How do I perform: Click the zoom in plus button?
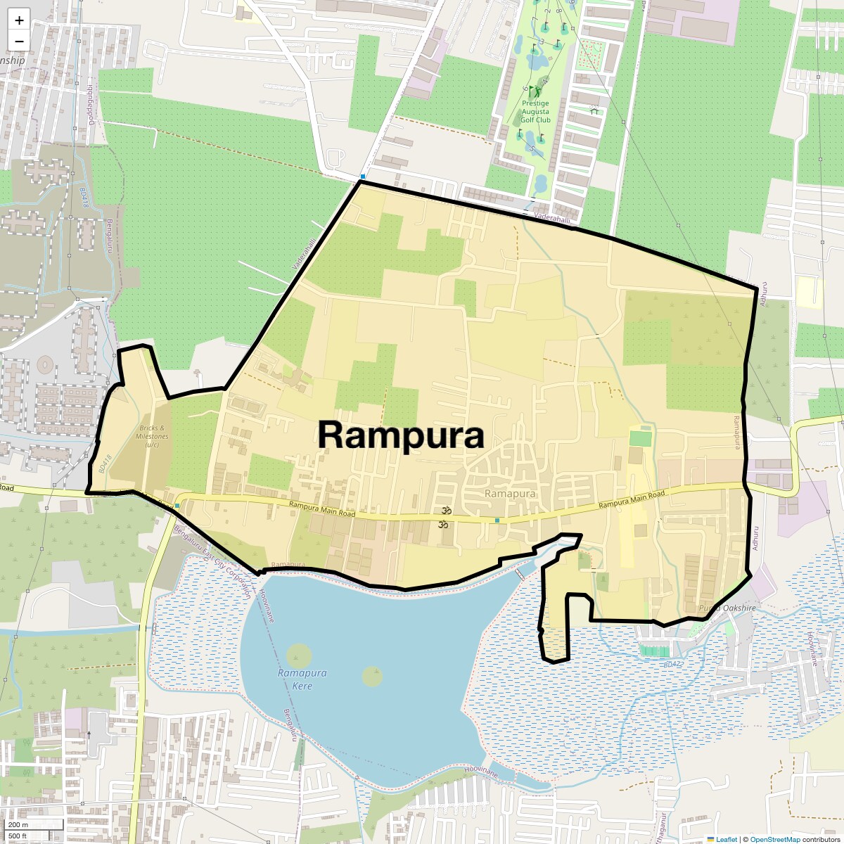coord(19,20)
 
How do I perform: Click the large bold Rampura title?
coord(401,435)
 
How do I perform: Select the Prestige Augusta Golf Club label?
coord(535,111)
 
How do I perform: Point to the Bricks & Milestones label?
coord(152,436)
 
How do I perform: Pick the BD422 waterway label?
coord(672,664)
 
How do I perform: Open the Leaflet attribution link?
coord(727,839)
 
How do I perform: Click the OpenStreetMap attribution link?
coord(775,839)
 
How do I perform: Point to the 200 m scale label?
coord(18,825)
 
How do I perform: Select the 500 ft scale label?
coord(18,836)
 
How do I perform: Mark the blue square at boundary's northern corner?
coord(363,177)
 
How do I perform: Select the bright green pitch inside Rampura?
coord(640,438)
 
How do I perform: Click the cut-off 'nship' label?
coord(13,60)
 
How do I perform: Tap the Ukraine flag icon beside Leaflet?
coord(710,839)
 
